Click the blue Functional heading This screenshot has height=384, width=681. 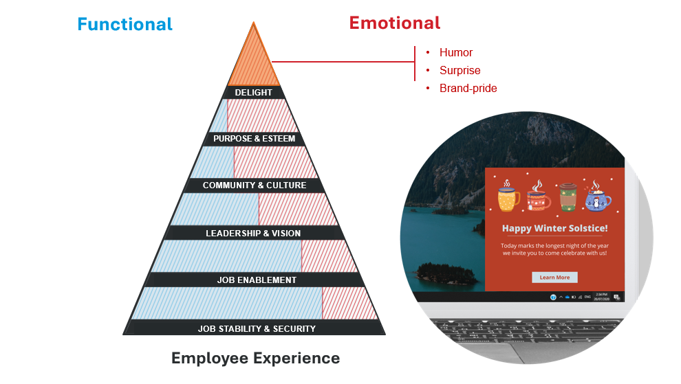point(125,25)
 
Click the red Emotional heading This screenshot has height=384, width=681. point(394,23)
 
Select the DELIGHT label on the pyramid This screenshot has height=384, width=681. point(253,93)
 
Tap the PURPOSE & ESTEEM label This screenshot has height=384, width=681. point(254,139)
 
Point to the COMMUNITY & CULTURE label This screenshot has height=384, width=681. point(254,185)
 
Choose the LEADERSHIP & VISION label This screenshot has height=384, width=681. point(253,234)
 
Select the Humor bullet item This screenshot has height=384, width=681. point(456,53)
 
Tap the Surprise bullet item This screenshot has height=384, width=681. point(460,71)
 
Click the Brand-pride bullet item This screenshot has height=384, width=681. point(468,89)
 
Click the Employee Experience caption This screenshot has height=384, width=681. point(255,359)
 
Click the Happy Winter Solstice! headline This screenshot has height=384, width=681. point(554,229)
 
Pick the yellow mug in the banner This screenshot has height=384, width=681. point(508,197)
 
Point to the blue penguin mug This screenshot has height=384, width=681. point(597,199)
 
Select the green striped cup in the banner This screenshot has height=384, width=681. point(567,196)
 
